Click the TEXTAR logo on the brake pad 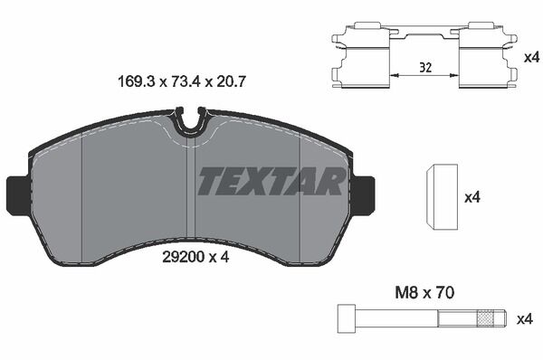coord(271,182)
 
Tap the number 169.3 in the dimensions coord(136,82)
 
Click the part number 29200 coord(182,257)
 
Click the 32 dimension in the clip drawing coord(425,67)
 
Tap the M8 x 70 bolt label coord(424,293)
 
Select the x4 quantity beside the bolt coord(524,319)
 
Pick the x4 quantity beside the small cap coord(472,198)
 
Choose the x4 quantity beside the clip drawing coord(531,58)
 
